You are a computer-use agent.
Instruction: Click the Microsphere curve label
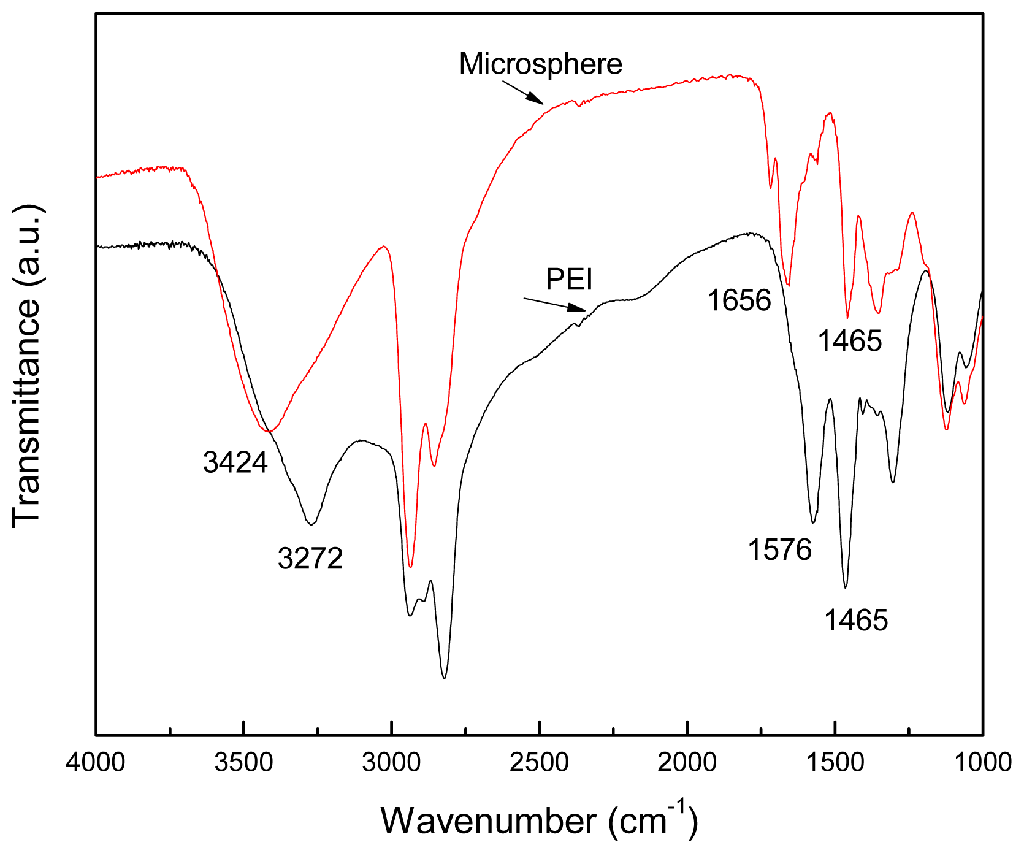click(540, 64)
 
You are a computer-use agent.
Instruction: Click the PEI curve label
click(569, 280)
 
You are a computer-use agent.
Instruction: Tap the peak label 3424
click(235, 462)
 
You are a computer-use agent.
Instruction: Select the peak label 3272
click(310, 559)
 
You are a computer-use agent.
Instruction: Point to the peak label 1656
click(739, 300)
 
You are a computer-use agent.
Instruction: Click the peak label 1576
click(779, 549)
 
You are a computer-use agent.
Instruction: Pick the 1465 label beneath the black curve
click(855, 621)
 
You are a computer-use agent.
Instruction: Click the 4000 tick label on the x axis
click(96, 763)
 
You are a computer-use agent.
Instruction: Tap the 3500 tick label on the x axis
click(244, 763)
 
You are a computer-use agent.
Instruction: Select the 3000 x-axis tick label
click(392, 763)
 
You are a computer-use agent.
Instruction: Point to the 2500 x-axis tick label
click(540, 763)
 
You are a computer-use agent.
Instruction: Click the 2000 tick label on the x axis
click(687, 763)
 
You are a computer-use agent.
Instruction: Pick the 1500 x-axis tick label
click(835, 763)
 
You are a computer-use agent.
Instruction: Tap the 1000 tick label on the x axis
click(982, 763)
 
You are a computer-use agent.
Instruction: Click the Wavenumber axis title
click(539, 820)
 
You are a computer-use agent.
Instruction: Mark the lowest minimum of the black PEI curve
click(445, 678)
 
